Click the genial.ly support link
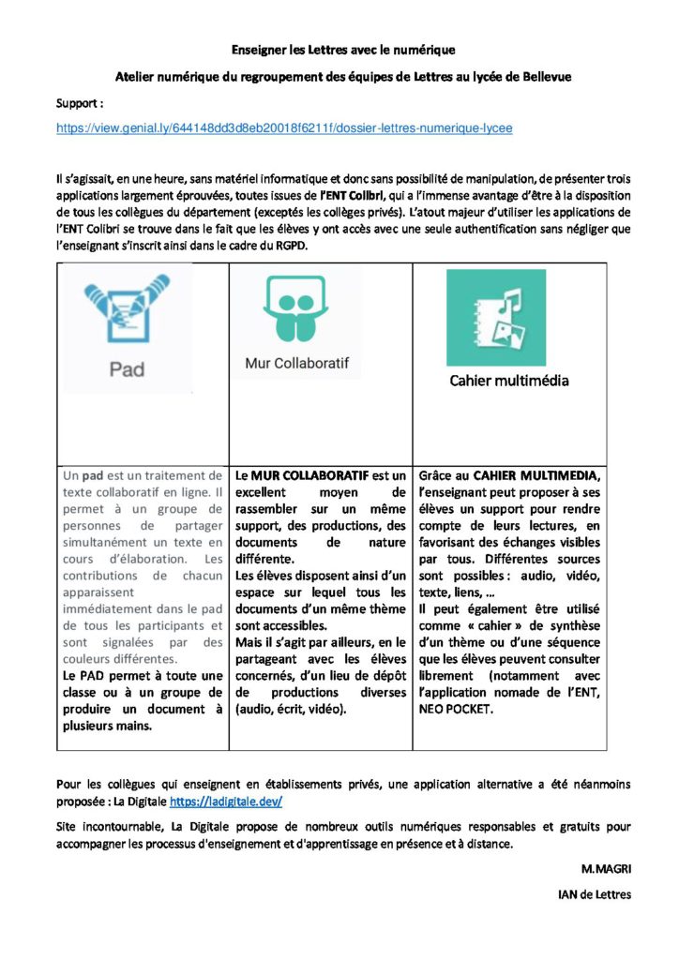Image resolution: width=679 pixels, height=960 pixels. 284,127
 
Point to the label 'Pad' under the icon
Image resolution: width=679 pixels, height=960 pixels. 128,369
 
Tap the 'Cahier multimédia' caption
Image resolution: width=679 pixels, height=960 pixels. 508,381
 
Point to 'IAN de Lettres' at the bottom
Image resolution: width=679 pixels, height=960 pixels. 595,894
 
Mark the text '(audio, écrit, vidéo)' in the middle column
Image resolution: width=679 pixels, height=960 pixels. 291,711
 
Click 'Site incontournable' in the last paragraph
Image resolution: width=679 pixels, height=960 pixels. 106,827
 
